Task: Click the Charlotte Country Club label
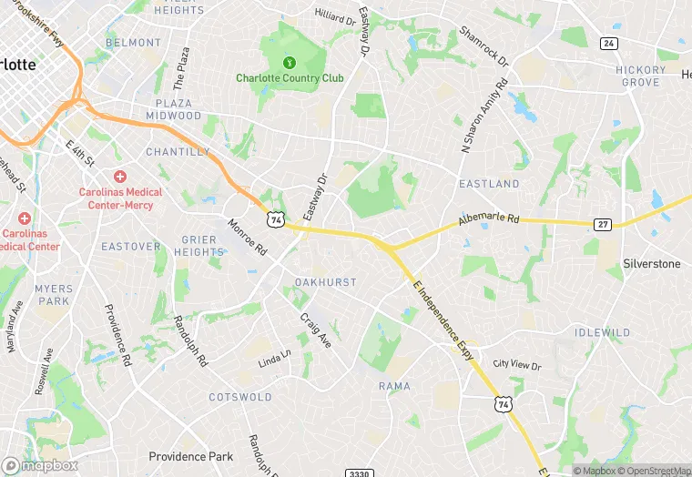pos(290,78)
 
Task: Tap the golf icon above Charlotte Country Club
pos(290,63)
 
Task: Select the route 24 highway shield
pos(609,43)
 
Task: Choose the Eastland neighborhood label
pos(489,184)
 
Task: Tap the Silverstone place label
pos(651,263)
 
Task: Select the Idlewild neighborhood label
pos(602,333)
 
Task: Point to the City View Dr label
pos(516,364)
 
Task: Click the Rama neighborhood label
pos(394,386)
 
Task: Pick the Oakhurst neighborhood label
pos(325,282)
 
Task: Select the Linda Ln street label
pos(274,360)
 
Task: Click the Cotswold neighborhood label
pos(240,397)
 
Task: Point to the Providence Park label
pos(191,456)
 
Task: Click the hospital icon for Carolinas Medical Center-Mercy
pos(119,176)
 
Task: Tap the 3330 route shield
pos(360,472)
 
